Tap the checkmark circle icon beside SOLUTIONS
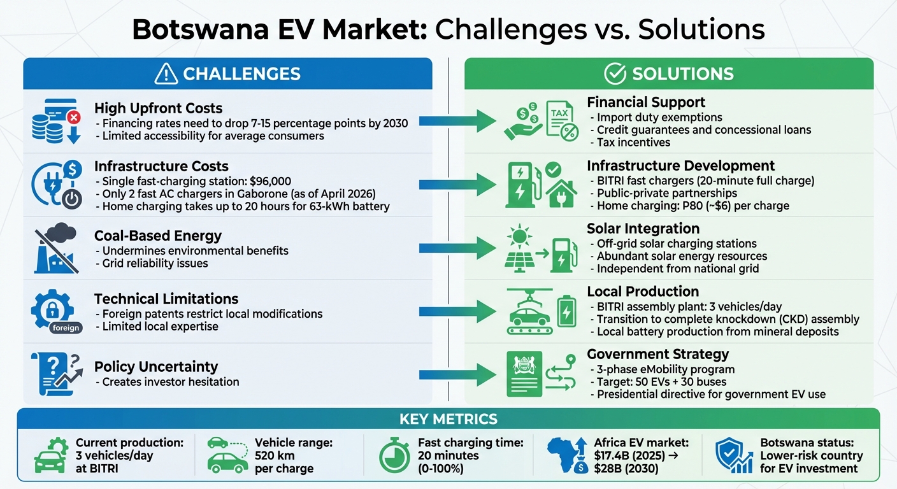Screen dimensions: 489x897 coord(615,74)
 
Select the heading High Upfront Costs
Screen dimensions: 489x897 coord(158,108)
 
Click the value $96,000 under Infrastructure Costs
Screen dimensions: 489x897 coord(269,181)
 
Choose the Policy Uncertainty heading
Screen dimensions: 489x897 coord(156,367)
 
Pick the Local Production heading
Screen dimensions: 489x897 coord(643,292)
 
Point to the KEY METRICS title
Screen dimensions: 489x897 coord(448,419)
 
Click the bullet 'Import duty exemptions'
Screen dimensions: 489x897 coord(659,117)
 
